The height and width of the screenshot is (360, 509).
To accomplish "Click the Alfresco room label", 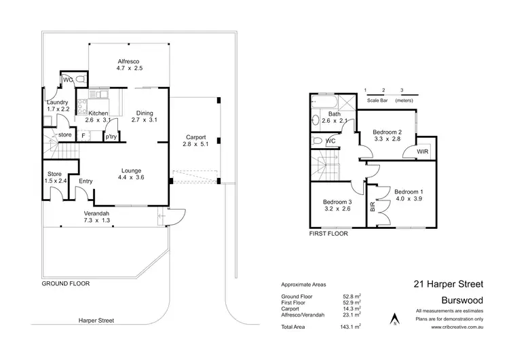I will [x=128, y=61].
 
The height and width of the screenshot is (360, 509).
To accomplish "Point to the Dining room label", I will [x=144, y=113].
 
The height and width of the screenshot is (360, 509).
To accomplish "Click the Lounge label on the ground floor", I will [x=131, y=170].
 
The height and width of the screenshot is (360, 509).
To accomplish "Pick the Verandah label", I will [x=96, y=213].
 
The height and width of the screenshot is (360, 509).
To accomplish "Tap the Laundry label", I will [x=57, y=102].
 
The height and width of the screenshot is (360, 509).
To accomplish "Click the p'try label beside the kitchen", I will [x=110, y=136].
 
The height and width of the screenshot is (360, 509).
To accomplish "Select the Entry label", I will [x=86, y=181].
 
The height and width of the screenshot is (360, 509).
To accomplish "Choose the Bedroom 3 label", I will [x=337, y=202].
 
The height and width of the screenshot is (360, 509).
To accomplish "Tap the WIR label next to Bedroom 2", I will [x=422, y=151].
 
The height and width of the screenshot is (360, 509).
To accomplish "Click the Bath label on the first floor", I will [x=334, y=113].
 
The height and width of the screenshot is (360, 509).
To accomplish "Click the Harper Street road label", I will [x=96, y=320].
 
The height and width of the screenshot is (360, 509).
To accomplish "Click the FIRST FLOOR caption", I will [x=329, y=233].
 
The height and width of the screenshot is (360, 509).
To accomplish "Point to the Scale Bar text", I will [x=380, y=100].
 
